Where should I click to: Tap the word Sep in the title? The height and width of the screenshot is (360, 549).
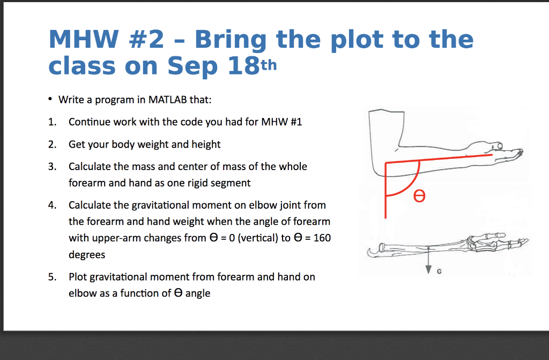tap(192, 66)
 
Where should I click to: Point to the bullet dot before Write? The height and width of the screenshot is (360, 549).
tap(50, 99)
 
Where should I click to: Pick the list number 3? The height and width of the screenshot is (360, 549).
tap(51, 166)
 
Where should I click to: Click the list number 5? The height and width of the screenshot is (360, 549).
tap(51, 277)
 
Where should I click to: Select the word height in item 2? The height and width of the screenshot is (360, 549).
tap(206, 144)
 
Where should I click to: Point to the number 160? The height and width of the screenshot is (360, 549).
tap(322, 238)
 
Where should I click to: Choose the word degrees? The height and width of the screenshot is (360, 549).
tap(87, 255)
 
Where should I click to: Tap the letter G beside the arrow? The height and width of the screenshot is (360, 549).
tap(440, 272)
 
